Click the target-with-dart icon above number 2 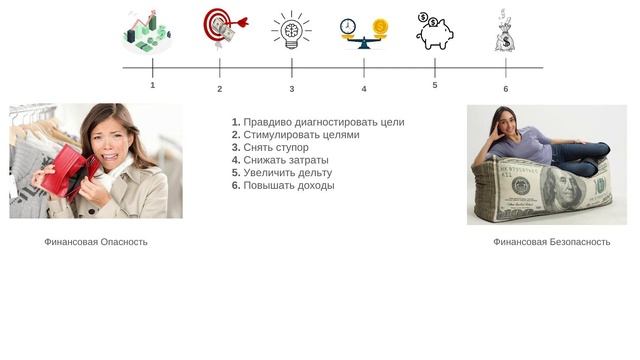tap(220, 27)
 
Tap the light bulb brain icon tap(291, 30)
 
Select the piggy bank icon tap(435, 30)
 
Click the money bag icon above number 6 tap(504, 30)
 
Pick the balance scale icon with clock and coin tap(364, 31)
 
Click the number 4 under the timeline tap(364, 89)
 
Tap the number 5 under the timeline tap(435, 86)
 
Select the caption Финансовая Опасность tap(96, 242)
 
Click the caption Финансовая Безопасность tap(551, 242)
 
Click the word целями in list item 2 tap(337, 135)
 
